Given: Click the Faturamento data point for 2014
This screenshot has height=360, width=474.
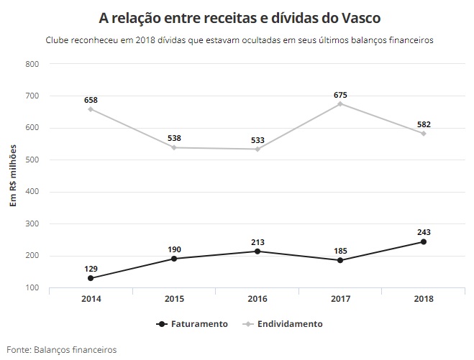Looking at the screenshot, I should (91, 278).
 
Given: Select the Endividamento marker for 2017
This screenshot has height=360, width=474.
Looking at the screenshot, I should (340, 103).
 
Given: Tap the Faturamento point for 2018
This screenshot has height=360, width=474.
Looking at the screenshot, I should (423, 241).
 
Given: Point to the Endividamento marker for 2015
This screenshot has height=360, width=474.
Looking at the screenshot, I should (174, 147).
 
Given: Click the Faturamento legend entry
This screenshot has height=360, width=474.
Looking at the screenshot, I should (193, 324).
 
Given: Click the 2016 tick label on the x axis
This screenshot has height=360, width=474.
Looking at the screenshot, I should (257, 299).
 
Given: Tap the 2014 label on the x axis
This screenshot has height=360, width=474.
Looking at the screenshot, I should (91, 299).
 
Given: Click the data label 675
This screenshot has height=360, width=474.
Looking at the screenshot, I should (340, 94).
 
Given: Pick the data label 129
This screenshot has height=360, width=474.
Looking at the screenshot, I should (91, 267).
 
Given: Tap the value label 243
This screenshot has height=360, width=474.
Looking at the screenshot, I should (423, 231).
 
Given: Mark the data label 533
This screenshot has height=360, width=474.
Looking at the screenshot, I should (257, 139).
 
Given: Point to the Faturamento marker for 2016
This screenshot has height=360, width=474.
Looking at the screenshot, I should (257, 251).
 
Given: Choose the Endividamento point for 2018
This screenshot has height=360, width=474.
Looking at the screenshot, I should (423, 133).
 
